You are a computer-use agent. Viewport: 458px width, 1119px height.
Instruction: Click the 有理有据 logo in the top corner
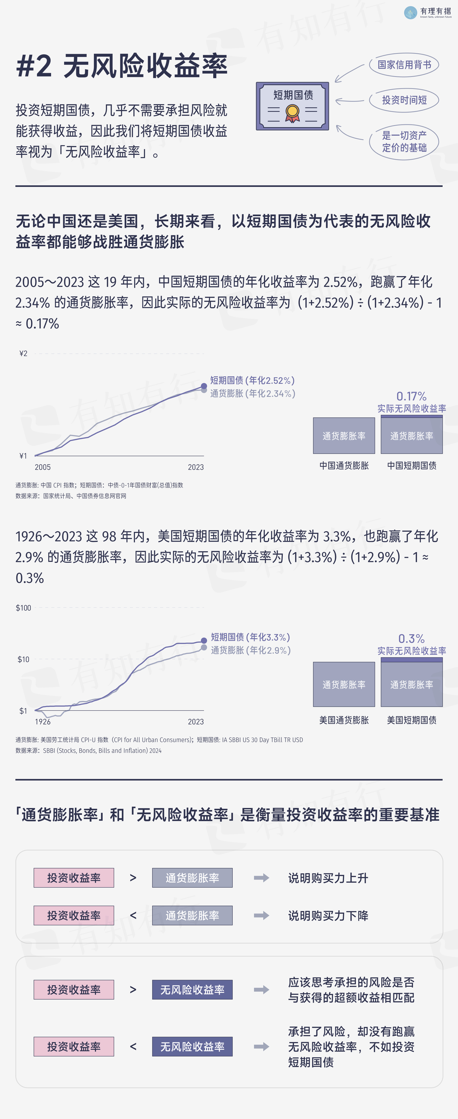[428, 12]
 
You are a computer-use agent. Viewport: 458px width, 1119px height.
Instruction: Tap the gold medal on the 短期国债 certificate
[292, 112]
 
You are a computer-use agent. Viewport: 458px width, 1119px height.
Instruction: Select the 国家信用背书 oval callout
[404, 65]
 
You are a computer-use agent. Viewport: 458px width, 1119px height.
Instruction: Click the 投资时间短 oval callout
[404, 100]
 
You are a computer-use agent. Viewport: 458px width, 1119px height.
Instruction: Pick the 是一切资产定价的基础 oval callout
[404, 142]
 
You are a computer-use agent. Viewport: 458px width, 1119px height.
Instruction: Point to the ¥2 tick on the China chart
[24, 354]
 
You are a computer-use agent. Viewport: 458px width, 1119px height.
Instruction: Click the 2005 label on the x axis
[43, 467]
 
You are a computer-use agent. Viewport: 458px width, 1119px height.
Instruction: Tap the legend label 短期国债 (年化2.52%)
[252, 380]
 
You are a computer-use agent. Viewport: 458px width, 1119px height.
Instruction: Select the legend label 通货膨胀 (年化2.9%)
[250, 650]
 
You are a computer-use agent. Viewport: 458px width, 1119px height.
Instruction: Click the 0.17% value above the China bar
[411, 396]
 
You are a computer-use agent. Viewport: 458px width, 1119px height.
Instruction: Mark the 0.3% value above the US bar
[411, 639]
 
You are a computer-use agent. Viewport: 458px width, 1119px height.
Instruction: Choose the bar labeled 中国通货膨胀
[343, 436]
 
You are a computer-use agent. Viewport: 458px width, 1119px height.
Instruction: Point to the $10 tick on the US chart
[24, 659]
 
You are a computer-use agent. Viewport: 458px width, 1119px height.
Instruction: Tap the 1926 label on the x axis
[43, 721]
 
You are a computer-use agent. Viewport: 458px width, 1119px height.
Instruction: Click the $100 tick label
[24, 608]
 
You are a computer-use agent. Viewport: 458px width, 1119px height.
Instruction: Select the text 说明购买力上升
[328, 878]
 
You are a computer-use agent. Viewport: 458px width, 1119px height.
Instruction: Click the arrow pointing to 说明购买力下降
[262, 916]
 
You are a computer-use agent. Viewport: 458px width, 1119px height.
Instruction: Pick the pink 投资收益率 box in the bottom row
[74, 1046]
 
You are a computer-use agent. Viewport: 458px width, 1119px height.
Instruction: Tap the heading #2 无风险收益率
[122, 66]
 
